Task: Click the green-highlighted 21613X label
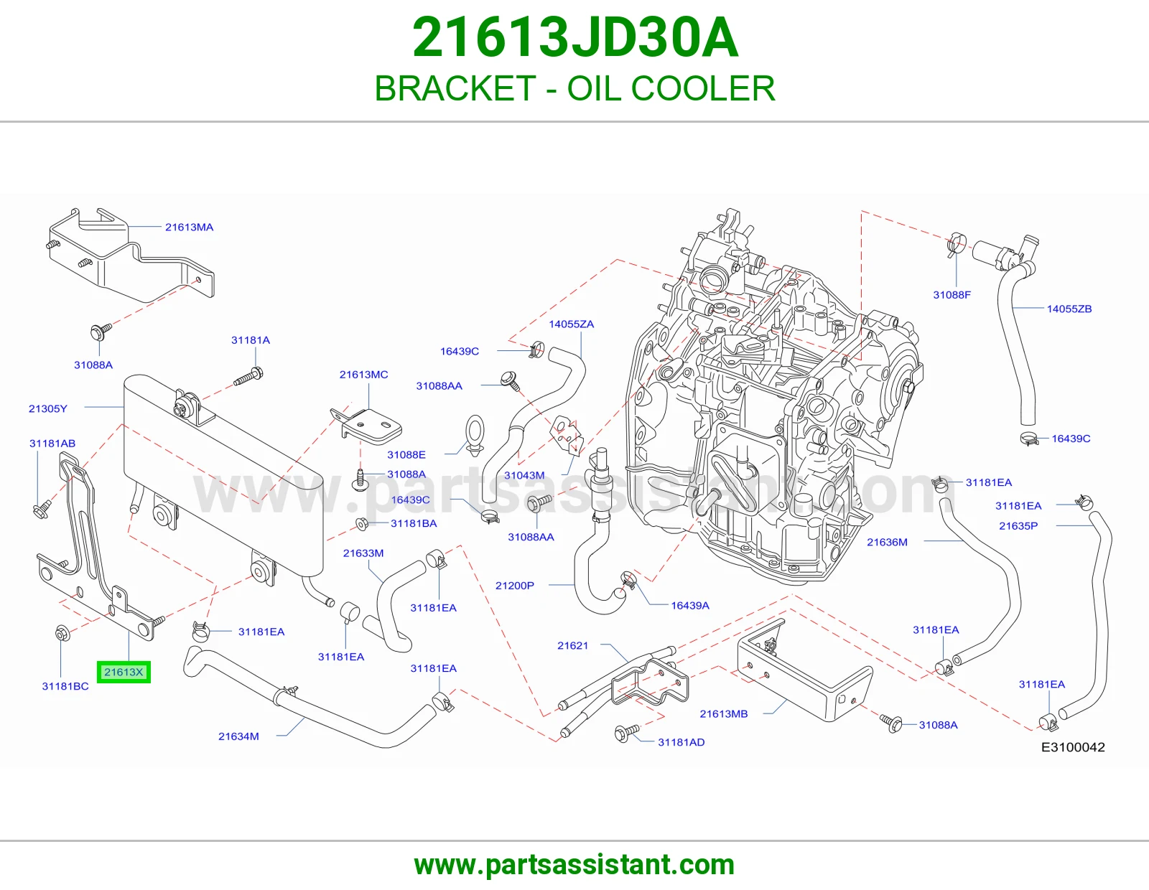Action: [124, 673]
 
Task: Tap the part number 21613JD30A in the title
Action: [574, 38]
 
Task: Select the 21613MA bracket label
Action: [190, 228]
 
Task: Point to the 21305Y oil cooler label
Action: [48, 408]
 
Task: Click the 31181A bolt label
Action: [251, 340]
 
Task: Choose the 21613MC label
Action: [364, 375]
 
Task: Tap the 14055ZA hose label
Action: [571, 324]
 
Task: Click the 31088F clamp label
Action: [952, 295]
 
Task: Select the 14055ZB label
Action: [1069, 309]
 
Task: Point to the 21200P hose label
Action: [514, 586]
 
